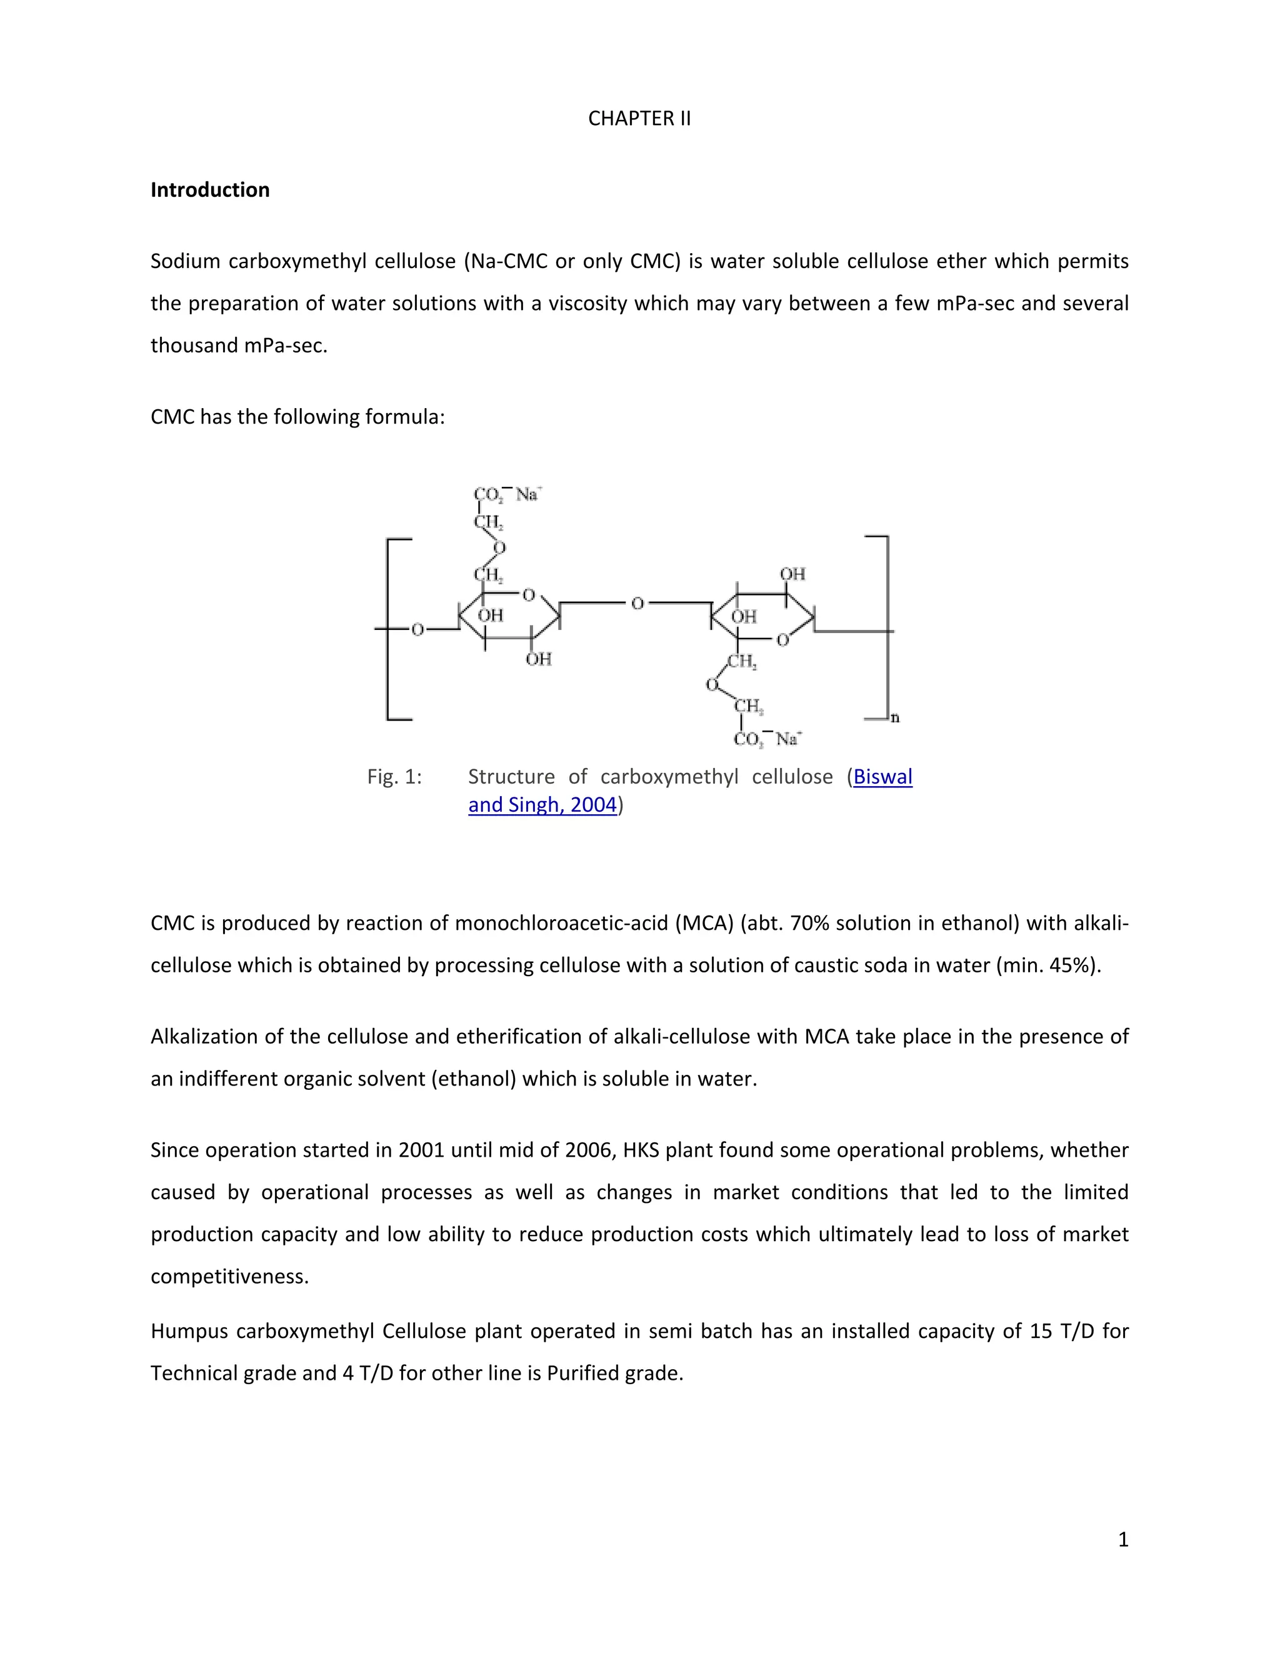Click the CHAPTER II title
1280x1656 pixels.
(639, 118)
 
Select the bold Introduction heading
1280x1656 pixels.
(210, 189)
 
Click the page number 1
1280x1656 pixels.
(1123, 1539)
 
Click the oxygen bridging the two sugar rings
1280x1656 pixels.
(637, 603)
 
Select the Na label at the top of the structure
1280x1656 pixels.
(527, 494)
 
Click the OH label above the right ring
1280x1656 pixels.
(792, 574)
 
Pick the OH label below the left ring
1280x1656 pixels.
(538, 659)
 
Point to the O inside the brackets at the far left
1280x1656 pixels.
(417, 629)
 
